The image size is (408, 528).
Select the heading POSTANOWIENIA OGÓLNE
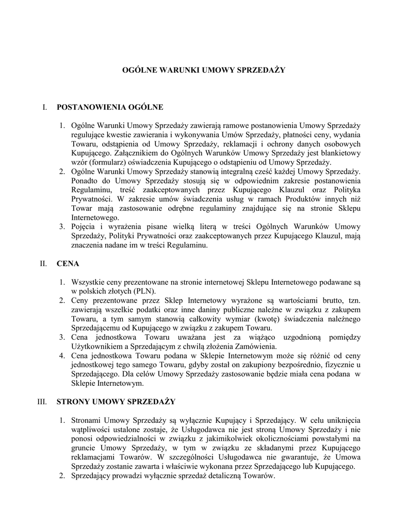click(x=109, y=107)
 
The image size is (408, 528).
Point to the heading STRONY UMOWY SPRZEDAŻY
click(x=116, y=401)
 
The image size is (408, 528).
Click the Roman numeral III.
click(x=43, y=401)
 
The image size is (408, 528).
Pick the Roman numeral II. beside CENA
click(x=43, y=264)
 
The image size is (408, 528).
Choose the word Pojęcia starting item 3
click(x=85, y=227)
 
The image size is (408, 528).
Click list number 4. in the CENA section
click(x=61, y=355)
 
